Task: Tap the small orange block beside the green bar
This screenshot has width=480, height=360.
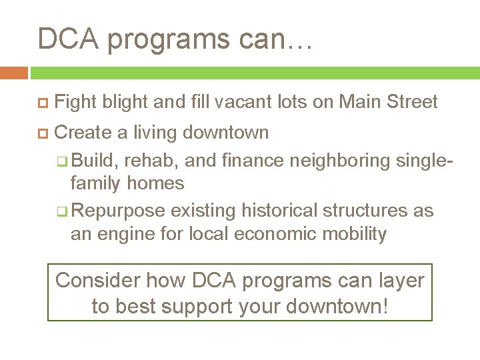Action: (13, 73)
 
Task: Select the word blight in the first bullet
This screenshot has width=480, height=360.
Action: (125, 102)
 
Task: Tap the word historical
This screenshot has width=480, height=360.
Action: (280, 211)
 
